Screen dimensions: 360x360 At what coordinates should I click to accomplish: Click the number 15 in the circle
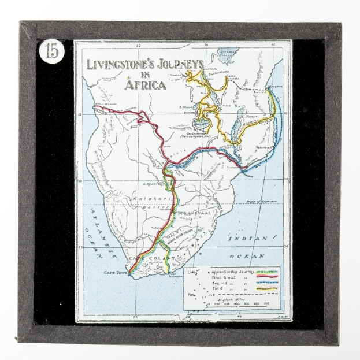point(51,52)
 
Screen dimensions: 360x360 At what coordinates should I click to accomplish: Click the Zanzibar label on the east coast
point(275,87)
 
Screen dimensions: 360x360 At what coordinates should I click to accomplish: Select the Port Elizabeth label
point(172,276)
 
